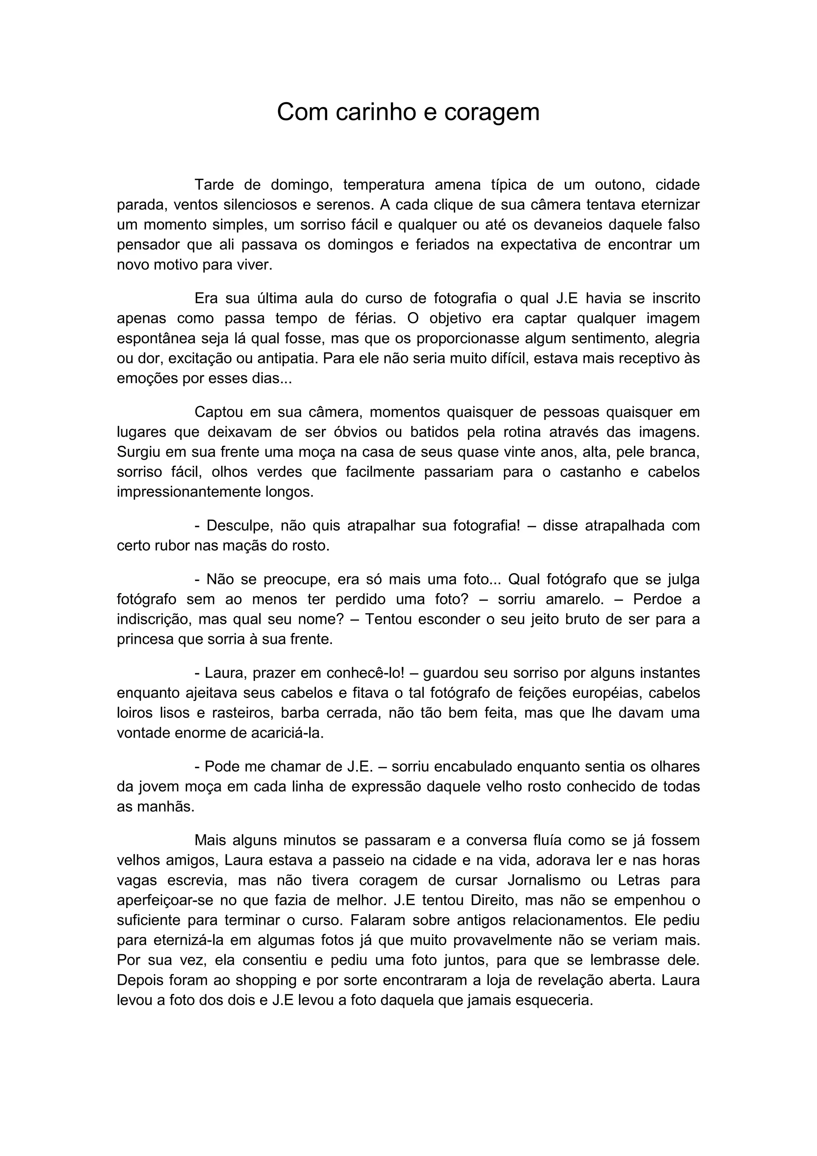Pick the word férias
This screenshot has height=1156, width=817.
tap(370, 318)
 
